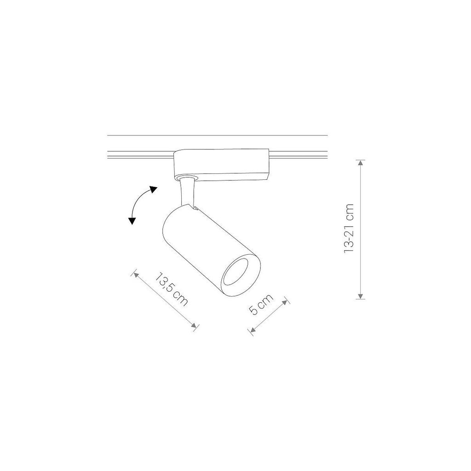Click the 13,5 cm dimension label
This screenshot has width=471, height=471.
[172, 289]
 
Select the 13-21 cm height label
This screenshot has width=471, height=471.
[349, 228]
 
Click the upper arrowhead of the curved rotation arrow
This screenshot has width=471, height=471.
[153, 190]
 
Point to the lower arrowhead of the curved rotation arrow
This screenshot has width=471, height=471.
[131, 221]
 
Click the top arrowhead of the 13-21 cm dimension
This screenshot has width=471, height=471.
[361, 163]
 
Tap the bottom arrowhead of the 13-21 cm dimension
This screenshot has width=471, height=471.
[361, 296]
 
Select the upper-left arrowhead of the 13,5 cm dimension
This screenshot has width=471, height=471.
[136, 275]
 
